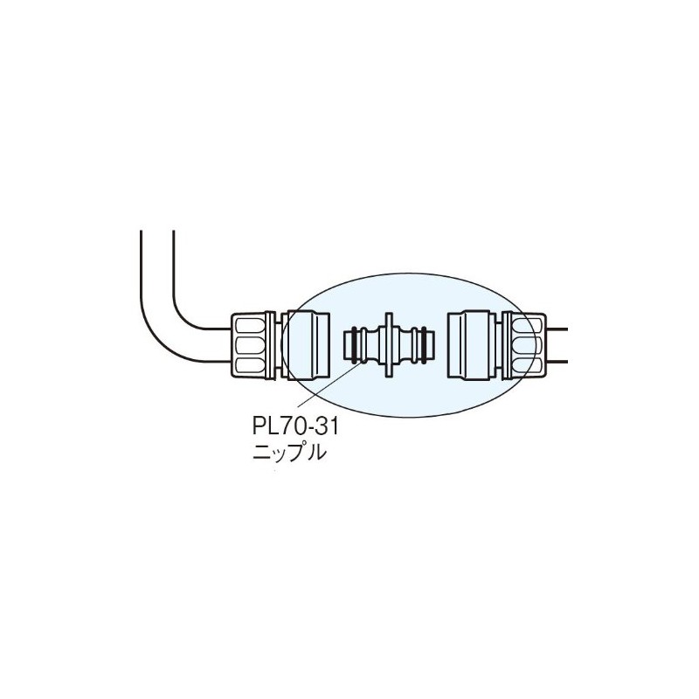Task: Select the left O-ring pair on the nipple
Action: tap(353, 344)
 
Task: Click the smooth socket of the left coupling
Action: tap(308, 344)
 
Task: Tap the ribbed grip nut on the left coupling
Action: tap(253, 344)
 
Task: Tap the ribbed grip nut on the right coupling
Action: tap(523, 344)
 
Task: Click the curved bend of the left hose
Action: tap(170, 328)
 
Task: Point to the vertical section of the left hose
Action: tap(157, 262)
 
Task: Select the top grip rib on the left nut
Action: tap(253, 325)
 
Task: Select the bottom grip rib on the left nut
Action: tap(253, 364)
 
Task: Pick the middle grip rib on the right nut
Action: tap(524, 344)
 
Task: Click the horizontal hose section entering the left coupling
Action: tap(214, 344)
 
